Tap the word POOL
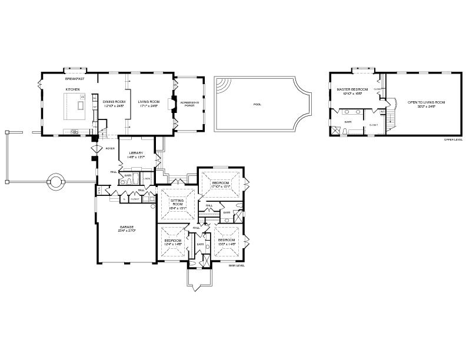[x=257, y=104]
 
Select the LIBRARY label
[x=136, y=155]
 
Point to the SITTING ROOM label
[x=177, y=203]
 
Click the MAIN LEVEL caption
[x=237, y=265]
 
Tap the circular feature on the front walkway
[x=56, y=181]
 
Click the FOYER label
[x=109, y=149]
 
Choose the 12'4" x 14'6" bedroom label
[x=173, y=243]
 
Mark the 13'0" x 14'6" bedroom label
[x=227, y=242]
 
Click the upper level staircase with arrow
[x=390, y=121]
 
